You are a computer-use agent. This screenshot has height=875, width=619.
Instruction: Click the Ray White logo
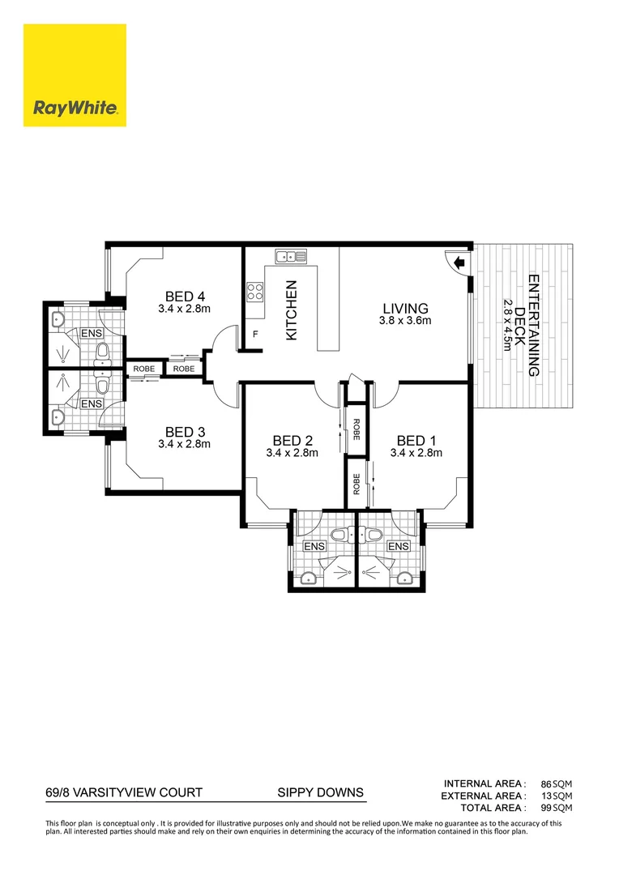tap(75, 75)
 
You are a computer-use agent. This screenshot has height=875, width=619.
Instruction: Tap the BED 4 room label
tap(184, 296)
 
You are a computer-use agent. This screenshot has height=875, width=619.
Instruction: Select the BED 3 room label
tap(184, 431)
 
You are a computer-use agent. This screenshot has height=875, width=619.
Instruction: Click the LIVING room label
tap(405, 308)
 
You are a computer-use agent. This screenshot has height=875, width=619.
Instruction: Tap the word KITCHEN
tap(292, 309)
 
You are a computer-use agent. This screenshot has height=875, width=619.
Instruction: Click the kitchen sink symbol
tap(289, 258)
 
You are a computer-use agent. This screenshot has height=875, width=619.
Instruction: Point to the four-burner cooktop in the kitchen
tap(255, 291)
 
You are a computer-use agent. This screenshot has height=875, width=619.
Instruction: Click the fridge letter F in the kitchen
tap(255, 334)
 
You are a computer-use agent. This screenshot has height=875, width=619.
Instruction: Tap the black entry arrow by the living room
tap(459, 262)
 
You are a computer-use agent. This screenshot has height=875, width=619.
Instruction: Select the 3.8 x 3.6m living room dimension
tap(405, 321)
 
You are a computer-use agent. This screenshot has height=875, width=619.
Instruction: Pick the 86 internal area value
tap(545, 783)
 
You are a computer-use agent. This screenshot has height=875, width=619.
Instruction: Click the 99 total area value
tap(545, 808)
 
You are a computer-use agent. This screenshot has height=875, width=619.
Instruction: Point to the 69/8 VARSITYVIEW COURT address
tap(123, 792)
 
